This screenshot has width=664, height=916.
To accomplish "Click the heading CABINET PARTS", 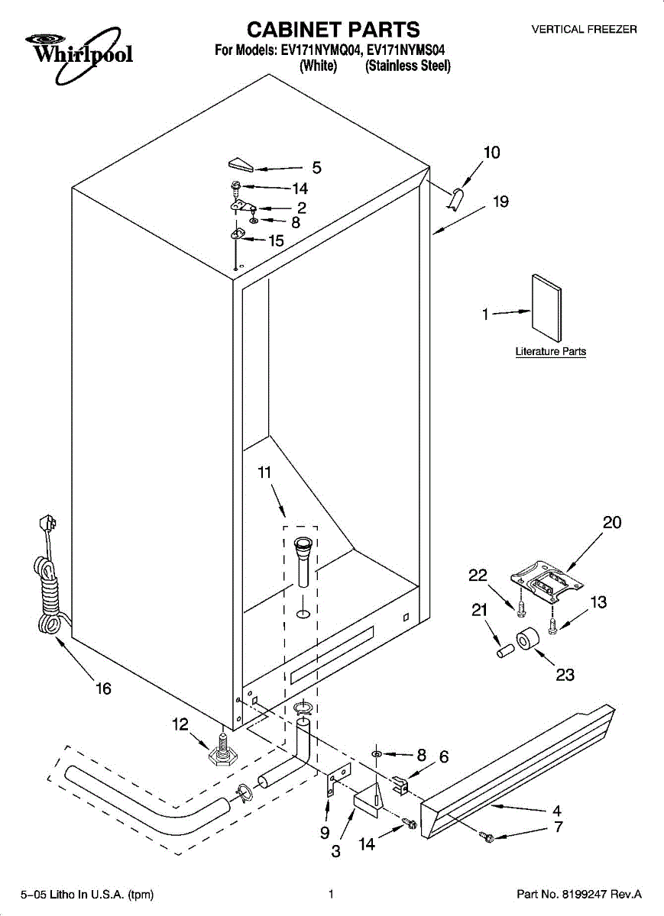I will point(332,30).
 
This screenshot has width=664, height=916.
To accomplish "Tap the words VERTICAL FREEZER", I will point(585,30).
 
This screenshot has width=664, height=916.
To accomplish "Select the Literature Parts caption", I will point(551,352).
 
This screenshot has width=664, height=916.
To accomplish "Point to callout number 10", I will point(492,152).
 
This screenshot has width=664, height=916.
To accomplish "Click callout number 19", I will point(500,202).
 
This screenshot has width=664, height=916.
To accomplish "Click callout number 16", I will point(103,689).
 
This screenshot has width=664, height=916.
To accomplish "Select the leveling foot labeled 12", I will point(220,753).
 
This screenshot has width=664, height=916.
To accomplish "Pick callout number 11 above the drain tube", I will point(264,473).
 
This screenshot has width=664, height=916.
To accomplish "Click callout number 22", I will point(478,576).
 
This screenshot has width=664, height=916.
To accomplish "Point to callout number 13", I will point(598,602).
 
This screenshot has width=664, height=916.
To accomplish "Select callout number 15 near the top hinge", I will point(276,240).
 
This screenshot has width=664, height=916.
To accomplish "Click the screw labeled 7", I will point(486,838).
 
